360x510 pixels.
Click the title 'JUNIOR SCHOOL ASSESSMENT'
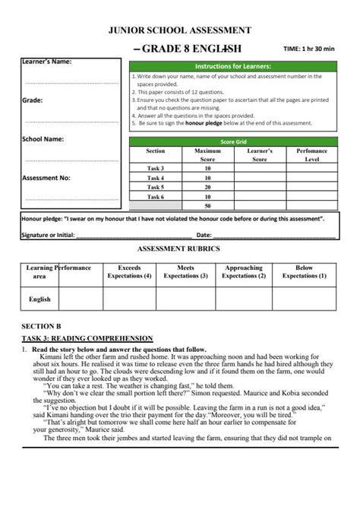[x=180, y=30]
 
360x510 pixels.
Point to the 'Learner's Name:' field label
[x=46, y=62]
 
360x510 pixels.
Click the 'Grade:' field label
[x=32, y=100]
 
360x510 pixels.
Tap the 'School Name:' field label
[x=43, y=139]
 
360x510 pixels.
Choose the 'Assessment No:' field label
[x=46, y=178]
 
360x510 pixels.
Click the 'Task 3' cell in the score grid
[x=155, y=168]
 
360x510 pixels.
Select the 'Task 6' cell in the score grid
[x=155, y=196]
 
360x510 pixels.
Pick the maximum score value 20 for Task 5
[x=207, y=187]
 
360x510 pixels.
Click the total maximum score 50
[x=207, y=206]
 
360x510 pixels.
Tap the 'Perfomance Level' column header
[x=312, y=155]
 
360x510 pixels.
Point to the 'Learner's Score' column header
[x=260, y=155]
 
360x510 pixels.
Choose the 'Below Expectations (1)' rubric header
[x=304, y=272]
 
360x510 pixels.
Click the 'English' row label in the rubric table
[x=39, y=299]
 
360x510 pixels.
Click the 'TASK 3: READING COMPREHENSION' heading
[x=87, y=337]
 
